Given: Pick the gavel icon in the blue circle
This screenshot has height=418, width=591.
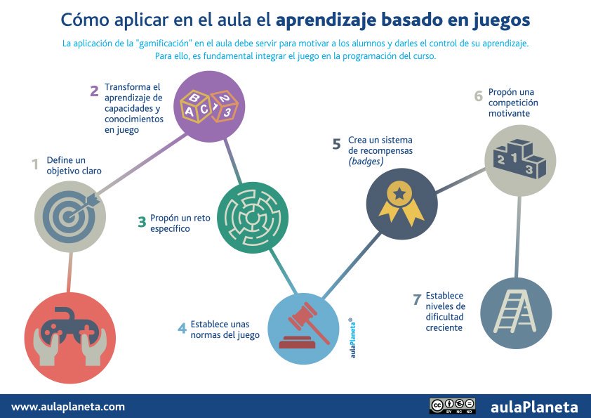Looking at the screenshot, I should click(304, 327).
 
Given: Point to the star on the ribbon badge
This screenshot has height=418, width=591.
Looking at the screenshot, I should click(401, 192).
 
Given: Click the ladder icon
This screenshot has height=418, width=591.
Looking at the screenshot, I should click(516, 313).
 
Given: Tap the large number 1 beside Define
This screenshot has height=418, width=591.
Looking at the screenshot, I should click(34, 165).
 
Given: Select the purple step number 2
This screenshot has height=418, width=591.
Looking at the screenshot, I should click(93, 90).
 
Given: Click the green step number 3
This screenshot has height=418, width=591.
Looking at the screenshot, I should click(142, 223).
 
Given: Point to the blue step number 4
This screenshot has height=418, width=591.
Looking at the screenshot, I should click(182, 328).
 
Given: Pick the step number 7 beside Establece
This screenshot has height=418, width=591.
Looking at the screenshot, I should click(417, 300).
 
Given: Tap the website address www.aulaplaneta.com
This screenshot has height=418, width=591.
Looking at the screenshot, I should click(68, 406).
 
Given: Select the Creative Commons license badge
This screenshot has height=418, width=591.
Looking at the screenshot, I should click(452, 406).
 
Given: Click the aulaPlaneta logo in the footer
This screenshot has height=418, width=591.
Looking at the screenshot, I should click(534, 406).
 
